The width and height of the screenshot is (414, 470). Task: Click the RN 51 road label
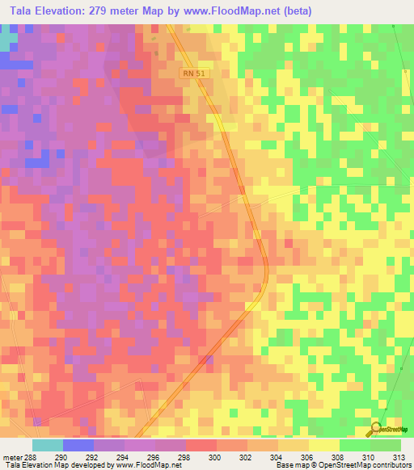[193, 73]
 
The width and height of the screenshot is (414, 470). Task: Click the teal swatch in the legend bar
[47, 445]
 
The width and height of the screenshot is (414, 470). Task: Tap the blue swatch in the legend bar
[78, 445]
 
